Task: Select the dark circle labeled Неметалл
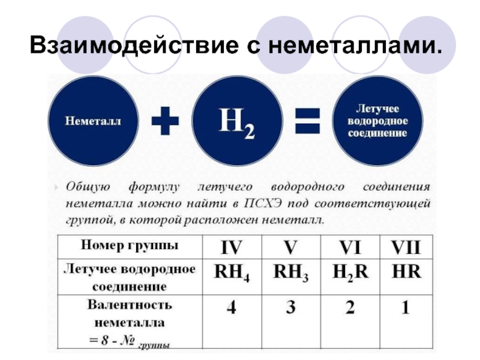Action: [x=93, y=122]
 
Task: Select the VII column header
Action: [x=406, y=247]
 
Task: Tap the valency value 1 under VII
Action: [x=406, y=308]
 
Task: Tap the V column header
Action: [x=291, y=247]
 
